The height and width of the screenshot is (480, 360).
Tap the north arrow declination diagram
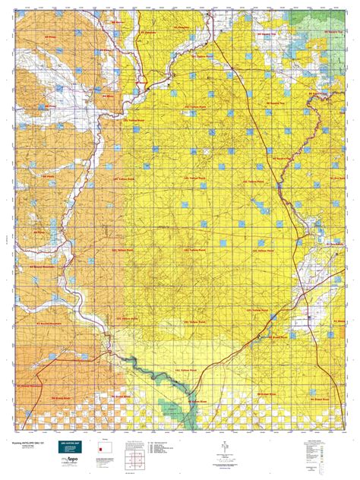225,447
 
